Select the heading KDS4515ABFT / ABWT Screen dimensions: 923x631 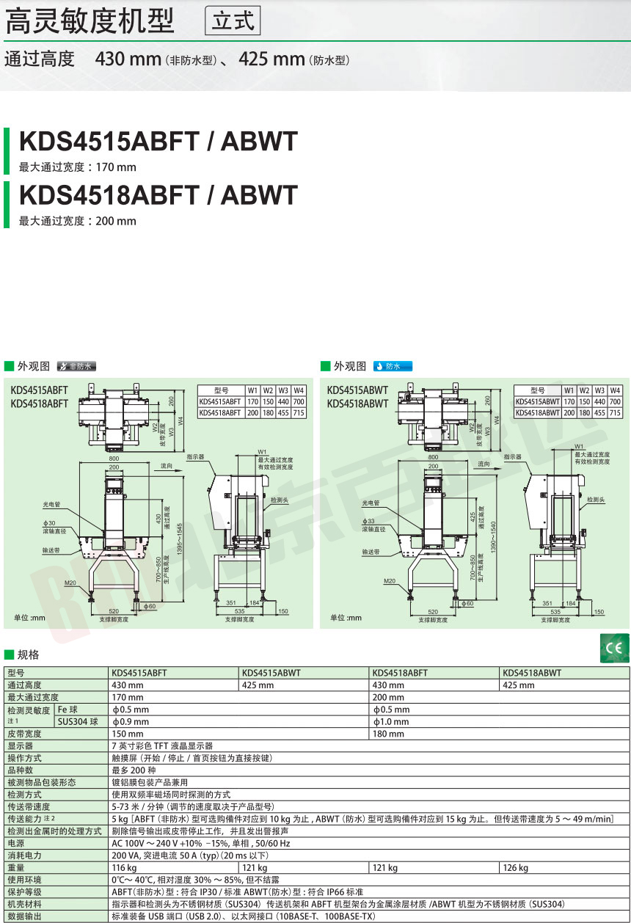(158, 141)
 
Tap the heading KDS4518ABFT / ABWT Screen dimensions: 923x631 (158, 194)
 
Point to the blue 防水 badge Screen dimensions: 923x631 (393, 366)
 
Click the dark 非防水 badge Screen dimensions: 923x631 (76, 366)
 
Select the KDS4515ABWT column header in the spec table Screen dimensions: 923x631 (271, 672)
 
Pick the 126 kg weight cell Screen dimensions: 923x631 (517, 868)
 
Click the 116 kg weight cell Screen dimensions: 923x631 (124, 868)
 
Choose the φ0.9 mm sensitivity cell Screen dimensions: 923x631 (130, 722)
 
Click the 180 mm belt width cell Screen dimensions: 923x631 (388, 734)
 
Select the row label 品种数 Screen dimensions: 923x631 (20, 770)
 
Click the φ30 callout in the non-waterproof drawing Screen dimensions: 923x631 (50, 522)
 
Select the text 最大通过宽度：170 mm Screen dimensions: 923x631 (77, 167)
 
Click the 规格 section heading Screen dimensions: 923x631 (28, 654)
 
